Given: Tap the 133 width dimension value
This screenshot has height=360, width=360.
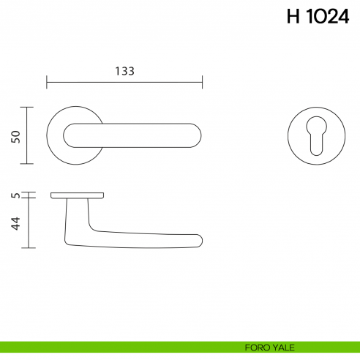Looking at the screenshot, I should pyautogui.click(x=124, y=71).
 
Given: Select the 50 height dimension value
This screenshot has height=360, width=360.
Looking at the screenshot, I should pyautogui.click(x=15, y=136).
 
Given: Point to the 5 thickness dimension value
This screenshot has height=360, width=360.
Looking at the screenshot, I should pyautogui.click(x=15, y=195).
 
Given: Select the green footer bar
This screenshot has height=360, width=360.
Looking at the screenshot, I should pyautogui.click(x=110, y=347).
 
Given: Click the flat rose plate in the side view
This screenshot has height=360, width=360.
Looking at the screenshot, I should pyautogui.click(x=77, y=195).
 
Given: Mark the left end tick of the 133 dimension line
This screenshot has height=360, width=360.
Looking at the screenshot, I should pyautogui.click(x=47, y=81).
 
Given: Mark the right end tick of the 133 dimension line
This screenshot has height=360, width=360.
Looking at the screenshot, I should pyautogui.click(x=203, y=81).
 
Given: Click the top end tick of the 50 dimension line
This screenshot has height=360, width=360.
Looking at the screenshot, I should pyautogui.click(x=28, y=108).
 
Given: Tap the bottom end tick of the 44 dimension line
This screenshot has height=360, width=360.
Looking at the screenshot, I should pyautogui.click(x=28, y=248).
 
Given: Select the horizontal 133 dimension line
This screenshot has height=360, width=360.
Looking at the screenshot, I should pyautogui.click(x=124, y=81).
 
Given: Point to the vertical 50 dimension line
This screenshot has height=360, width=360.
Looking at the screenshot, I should pyautogui.click(x=28, y=136).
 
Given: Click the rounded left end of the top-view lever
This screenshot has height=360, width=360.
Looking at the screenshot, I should pyautogui.click(x=70, y=135).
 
